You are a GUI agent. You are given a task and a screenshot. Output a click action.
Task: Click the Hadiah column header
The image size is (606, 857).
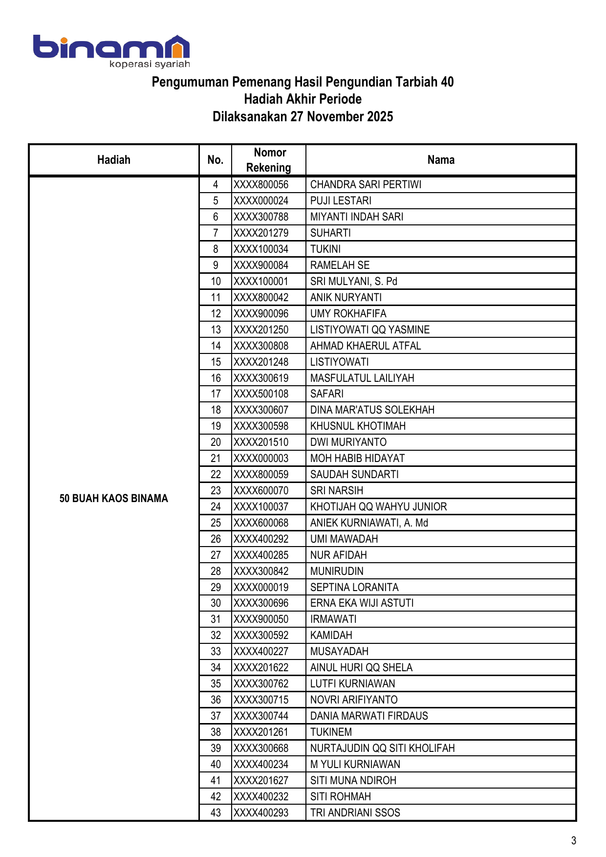point(114,160)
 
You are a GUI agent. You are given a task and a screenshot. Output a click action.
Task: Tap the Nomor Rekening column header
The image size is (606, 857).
point(269,160)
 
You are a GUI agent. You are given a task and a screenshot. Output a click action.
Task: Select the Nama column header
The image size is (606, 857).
point(441,160)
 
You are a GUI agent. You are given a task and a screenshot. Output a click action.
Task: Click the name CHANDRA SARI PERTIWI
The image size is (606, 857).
point(366,185)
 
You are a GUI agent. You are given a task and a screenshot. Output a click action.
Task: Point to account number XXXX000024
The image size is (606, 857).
point(261,201)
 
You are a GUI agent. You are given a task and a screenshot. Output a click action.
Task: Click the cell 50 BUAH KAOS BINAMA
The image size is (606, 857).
point(114,498)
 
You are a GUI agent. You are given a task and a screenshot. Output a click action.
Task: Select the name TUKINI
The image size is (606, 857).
point(325,249)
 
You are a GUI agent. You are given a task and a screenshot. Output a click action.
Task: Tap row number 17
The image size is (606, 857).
point(216,394)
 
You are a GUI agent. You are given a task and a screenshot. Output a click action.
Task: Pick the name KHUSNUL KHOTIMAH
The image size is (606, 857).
point(358,426)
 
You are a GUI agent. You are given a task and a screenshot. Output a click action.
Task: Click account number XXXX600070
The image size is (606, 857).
point(261,491)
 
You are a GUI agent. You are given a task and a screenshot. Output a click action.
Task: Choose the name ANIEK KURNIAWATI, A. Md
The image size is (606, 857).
point(369,523)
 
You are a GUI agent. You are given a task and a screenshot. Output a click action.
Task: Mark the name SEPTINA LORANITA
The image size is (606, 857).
point(354,587)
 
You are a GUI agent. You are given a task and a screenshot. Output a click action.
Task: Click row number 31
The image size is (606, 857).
point(216,619)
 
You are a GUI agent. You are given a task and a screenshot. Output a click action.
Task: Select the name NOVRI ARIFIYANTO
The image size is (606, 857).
point(354,700)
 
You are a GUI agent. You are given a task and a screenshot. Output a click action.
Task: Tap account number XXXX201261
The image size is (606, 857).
point(261,732)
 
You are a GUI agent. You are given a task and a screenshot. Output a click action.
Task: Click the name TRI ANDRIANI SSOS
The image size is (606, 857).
point(355,813)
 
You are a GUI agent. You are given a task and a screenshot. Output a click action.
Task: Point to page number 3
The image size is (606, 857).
point(574,840)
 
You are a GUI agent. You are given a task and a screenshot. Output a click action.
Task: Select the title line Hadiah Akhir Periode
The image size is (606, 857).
point(303,99)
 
